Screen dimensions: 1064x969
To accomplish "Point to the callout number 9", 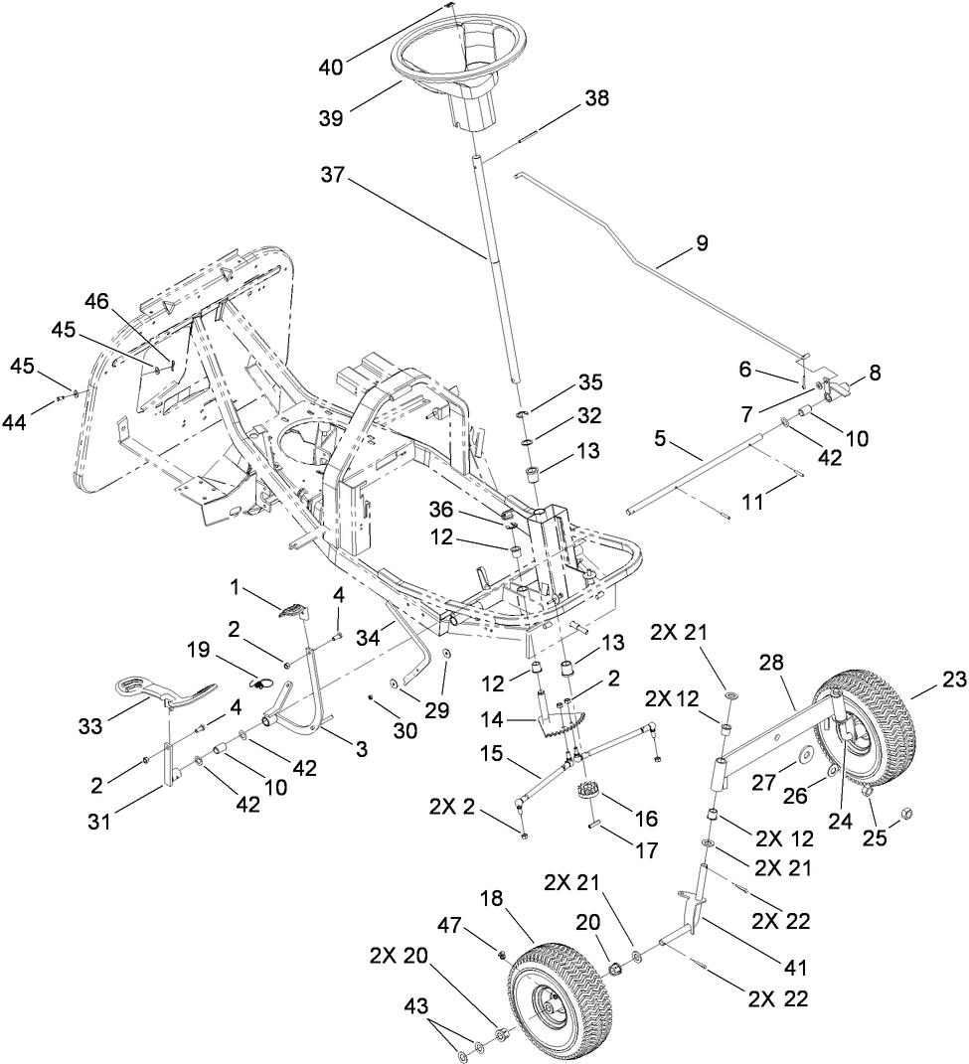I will (x=702, y=242).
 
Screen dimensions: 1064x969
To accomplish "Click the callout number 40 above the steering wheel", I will (x=331, y=68).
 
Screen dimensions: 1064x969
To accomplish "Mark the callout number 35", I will (x=590, y=382).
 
